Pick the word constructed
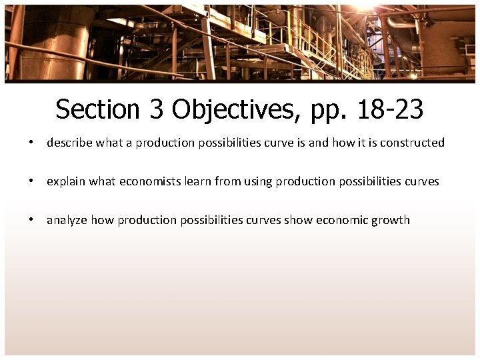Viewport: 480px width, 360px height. [x=412, y=143]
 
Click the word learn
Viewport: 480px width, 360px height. [x=197, y=181]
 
